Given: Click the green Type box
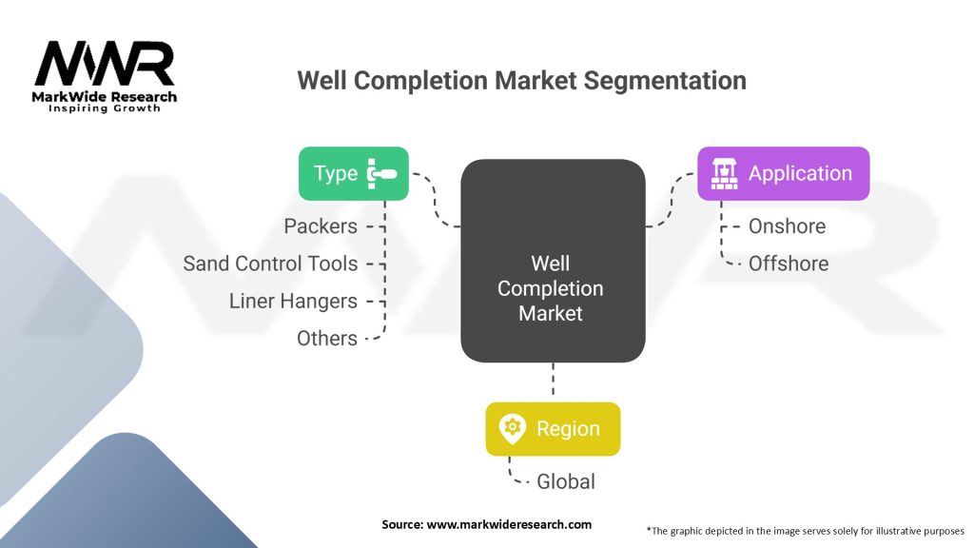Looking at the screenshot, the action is point(354,173).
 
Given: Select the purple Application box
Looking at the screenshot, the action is point(784,173).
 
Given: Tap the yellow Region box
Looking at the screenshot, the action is point(553,429).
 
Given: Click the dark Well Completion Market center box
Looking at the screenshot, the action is point(553,261).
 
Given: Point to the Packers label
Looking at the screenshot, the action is point(321,226).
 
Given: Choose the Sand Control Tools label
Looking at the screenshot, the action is point(270,264).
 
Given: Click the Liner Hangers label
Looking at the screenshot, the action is point(293,302).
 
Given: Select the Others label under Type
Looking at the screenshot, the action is point(327,339).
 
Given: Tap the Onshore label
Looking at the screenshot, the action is point(787,226).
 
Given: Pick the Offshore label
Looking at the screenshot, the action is point(789,264).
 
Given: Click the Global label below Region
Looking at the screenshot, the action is point(566,481).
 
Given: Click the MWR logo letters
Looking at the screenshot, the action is point(105,64).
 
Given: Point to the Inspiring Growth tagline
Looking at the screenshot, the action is point(105,108).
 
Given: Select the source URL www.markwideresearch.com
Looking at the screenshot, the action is point(509,524).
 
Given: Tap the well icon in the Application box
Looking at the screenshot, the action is point(724,173).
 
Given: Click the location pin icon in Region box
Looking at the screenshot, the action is point(513,429).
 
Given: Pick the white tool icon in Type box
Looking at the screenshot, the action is point(381,173).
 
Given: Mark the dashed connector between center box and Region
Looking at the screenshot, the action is point(553,379).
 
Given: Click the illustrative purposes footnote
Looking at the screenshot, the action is point(805,531).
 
